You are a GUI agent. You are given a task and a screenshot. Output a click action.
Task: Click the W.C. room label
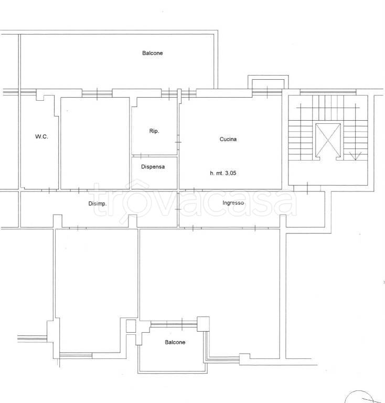click(x=41, y=137)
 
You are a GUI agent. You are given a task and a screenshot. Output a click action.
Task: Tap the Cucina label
click(x=228, y=140)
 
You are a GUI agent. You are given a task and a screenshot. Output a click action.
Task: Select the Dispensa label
click(x=153, y=167)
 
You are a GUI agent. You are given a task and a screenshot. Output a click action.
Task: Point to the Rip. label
click(x=154, y=131)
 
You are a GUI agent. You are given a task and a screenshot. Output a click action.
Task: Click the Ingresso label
click(x=233, y=203)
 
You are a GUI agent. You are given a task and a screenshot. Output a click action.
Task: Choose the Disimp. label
click(x=98, y=204)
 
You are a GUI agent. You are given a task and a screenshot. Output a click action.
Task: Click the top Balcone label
click(x=152, y=53)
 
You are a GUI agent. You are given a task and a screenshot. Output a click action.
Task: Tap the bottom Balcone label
click(x=175, y=343)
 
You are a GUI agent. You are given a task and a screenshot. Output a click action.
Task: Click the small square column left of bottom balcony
click(x=131, y=326)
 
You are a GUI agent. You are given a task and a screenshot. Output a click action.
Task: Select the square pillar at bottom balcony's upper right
click(x=203, y=323)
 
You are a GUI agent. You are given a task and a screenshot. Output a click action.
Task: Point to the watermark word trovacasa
click(x=194, y=202)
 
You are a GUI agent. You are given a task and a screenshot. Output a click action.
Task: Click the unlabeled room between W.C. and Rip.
click(x=95, y=143)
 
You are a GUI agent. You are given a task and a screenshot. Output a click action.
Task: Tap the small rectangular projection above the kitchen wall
click(x=268, y=83)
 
